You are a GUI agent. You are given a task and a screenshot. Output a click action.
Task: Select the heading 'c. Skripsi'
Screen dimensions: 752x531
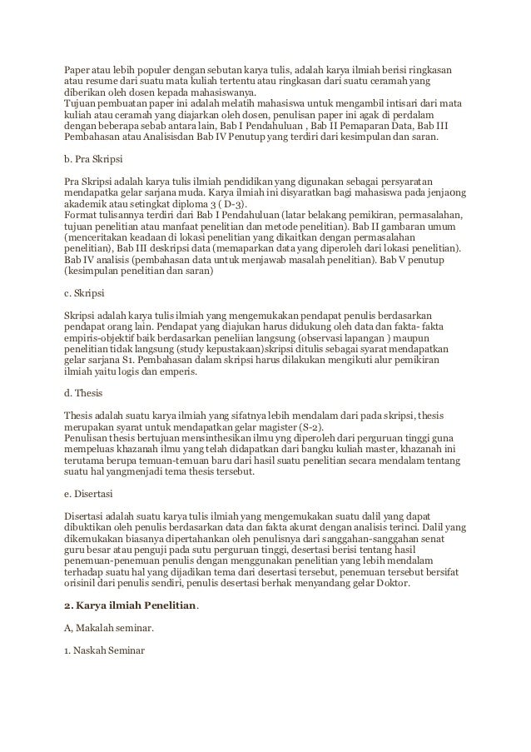pyautogui.click(x=84, y=294)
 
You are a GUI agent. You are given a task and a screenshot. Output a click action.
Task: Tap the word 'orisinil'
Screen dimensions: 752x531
pyautogui.click(x=83, y=584)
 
